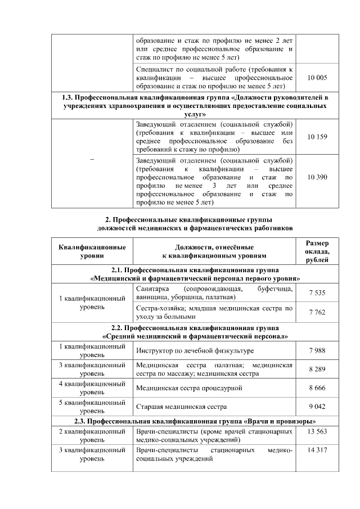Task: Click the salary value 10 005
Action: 317,78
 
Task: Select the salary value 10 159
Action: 317,137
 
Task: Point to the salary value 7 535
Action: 317,292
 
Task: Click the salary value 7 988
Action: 317,350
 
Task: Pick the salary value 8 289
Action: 317,370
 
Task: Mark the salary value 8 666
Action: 317,388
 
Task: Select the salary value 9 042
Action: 317,407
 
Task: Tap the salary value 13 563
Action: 317,431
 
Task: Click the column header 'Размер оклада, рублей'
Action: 317,251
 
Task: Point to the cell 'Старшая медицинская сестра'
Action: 182,407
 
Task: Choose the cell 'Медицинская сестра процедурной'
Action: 189,388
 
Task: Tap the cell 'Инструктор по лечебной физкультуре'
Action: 195,350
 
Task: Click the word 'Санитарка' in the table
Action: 152,289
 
